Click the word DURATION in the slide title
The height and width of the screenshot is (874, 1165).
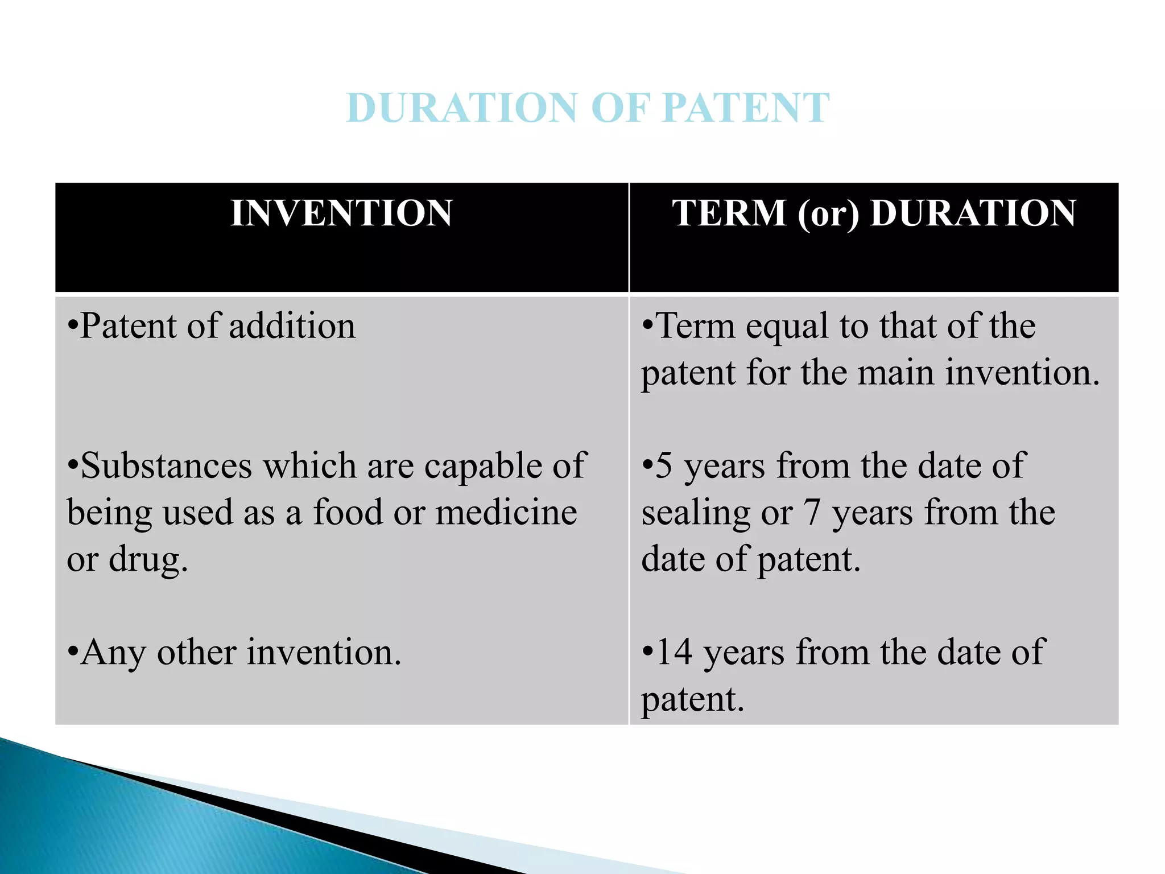[x=462, y=108]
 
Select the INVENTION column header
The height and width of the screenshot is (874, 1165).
[x=341, y=213]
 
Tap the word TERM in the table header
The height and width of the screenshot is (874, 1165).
[x=729, y=213]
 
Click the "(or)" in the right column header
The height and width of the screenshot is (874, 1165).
[x=828, y=215]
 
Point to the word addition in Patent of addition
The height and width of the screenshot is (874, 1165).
[x=292, y=326]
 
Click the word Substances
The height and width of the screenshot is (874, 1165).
[x=166, y=466]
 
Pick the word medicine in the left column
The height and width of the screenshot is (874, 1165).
[x=506, y=512]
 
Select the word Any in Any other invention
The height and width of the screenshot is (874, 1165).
[x=113, y=653]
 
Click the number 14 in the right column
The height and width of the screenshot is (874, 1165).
[x=675, y=652]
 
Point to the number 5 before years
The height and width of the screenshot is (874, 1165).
[x=664, y=466]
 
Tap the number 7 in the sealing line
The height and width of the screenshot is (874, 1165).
[x=812, y=512]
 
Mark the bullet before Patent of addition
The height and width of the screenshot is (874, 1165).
[x=72, y=327]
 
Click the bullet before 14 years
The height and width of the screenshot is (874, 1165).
[x=647, y=653]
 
